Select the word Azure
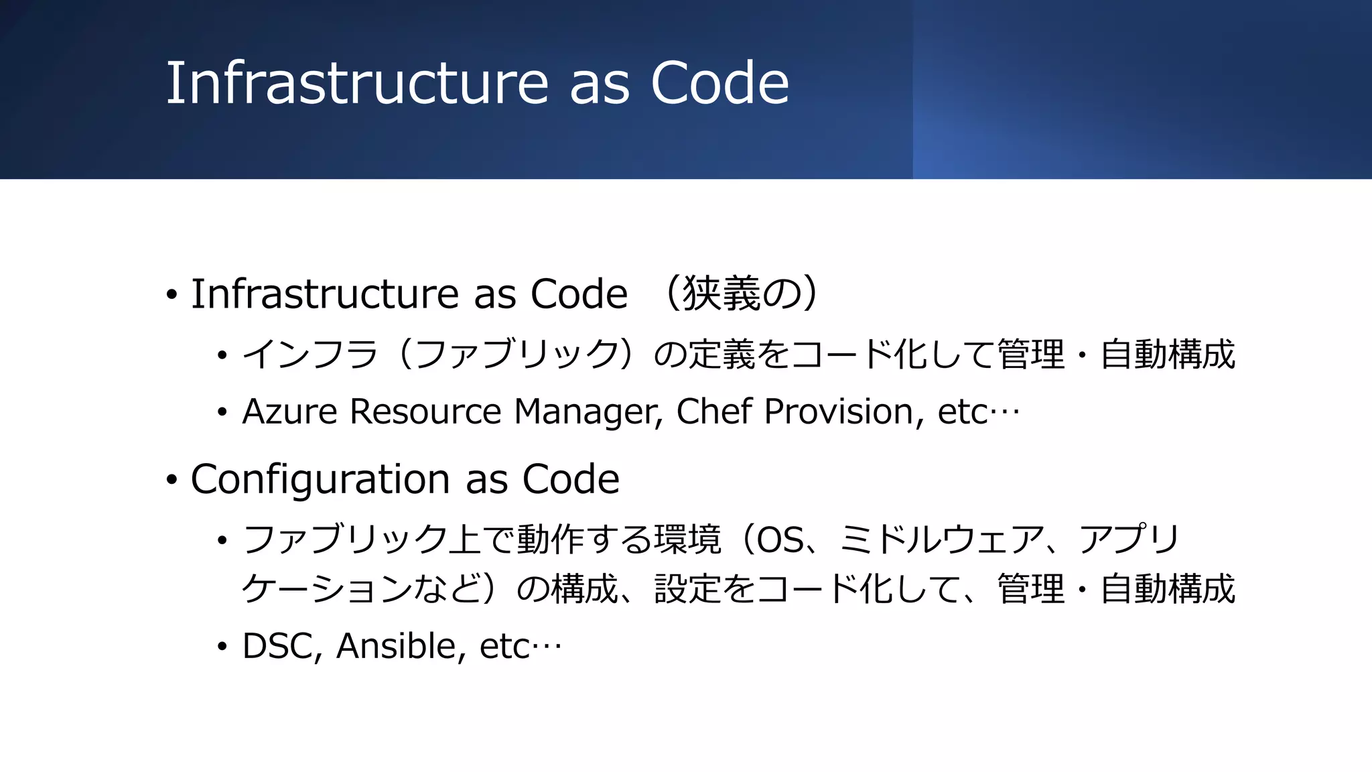click(289, 411)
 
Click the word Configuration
click(320, 480)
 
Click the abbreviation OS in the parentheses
click(780, 539)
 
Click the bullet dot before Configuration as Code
click(172, 480)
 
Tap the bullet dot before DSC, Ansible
click(222, 647)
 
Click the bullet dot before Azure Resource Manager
click(222, 413)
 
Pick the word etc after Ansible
click(505, 647)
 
